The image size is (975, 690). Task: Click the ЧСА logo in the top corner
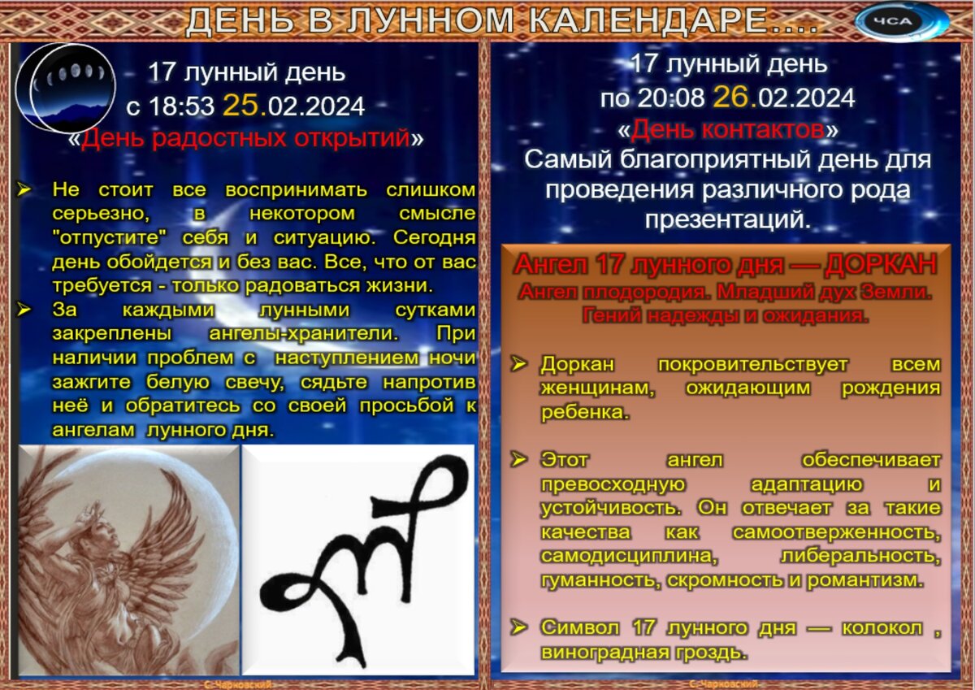point(902,21)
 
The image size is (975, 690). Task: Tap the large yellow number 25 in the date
point(242,106)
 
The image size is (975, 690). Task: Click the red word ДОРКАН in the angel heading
point(882,264)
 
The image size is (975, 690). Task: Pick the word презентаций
point(728,219)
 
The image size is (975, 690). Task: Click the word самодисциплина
point(630,556)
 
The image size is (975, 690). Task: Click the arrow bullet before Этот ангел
point(518,460)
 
